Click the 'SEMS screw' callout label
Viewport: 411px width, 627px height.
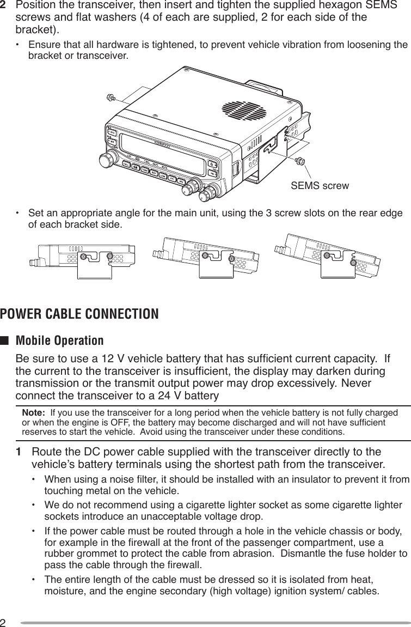320,186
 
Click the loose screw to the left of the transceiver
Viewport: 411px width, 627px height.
111,98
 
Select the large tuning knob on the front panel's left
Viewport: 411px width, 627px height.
106,160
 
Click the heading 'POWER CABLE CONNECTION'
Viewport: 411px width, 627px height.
79,314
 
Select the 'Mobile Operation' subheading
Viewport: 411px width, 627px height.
60,341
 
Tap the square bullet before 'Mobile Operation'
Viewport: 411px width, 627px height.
5,342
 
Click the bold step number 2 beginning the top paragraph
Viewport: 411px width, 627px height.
5,5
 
